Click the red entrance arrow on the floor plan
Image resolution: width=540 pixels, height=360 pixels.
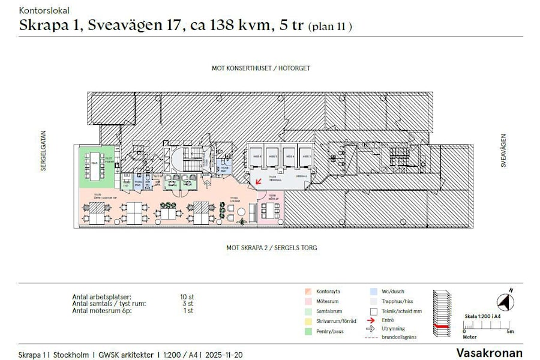click(x=258, y=181)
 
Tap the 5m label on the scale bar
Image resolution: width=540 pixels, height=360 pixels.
click(x=509, y=331)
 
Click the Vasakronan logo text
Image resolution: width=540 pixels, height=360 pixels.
click(x=489, y=353)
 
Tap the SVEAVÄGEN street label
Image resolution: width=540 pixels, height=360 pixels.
click(x=504, y=151)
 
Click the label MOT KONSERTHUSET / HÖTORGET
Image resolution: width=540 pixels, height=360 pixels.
click(x=261, y=68)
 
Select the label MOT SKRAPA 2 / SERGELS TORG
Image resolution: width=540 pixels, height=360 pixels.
click(x=271, y=247)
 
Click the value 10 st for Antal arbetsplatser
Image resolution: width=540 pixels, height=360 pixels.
click(x=187, y=297)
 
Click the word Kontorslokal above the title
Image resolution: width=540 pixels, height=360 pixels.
click(x=44, y=10)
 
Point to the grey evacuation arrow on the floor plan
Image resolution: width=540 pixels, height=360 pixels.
click(x=208, y=182)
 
